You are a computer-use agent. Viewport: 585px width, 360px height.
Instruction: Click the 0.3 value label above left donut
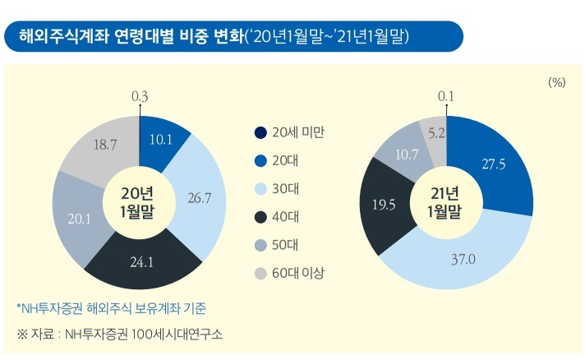(140, 97)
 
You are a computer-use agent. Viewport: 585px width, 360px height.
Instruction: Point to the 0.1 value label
(446, 97)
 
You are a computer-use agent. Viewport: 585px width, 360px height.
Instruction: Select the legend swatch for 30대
(260, 189)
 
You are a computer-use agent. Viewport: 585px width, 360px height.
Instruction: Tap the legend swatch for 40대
(260, 217)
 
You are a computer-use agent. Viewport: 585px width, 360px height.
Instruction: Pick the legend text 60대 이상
(298, 273)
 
